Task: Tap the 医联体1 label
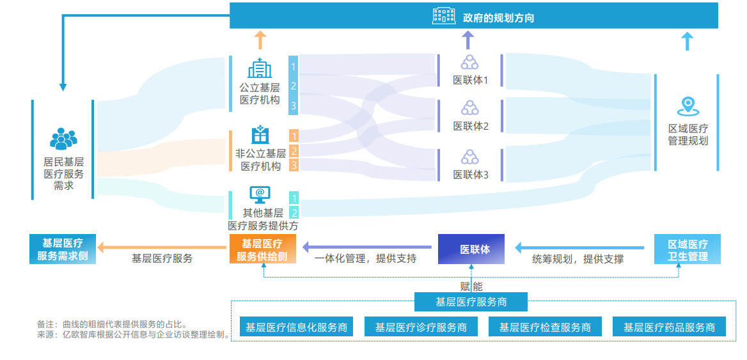coord(471,81)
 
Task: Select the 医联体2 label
coord(471,126)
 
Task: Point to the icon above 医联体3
coord(470,157)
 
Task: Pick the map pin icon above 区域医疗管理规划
coord(688,106)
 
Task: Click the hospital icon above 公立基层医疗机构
coord(260,68)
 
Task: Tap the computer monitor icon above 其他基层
coord(260,194)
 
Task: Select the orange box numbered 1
coord(294,136)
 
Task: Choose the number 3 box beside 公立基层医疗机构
coord(294,106)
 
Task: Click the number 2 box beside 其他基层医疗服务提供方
coord(294,213)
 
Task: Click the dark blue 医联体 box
coord(471,249)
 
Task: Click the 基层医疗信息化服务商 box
coord(297,327)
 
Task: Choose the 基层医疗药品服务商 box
coord(669,327)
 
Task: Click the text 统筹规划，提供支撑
coord(578,259)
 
